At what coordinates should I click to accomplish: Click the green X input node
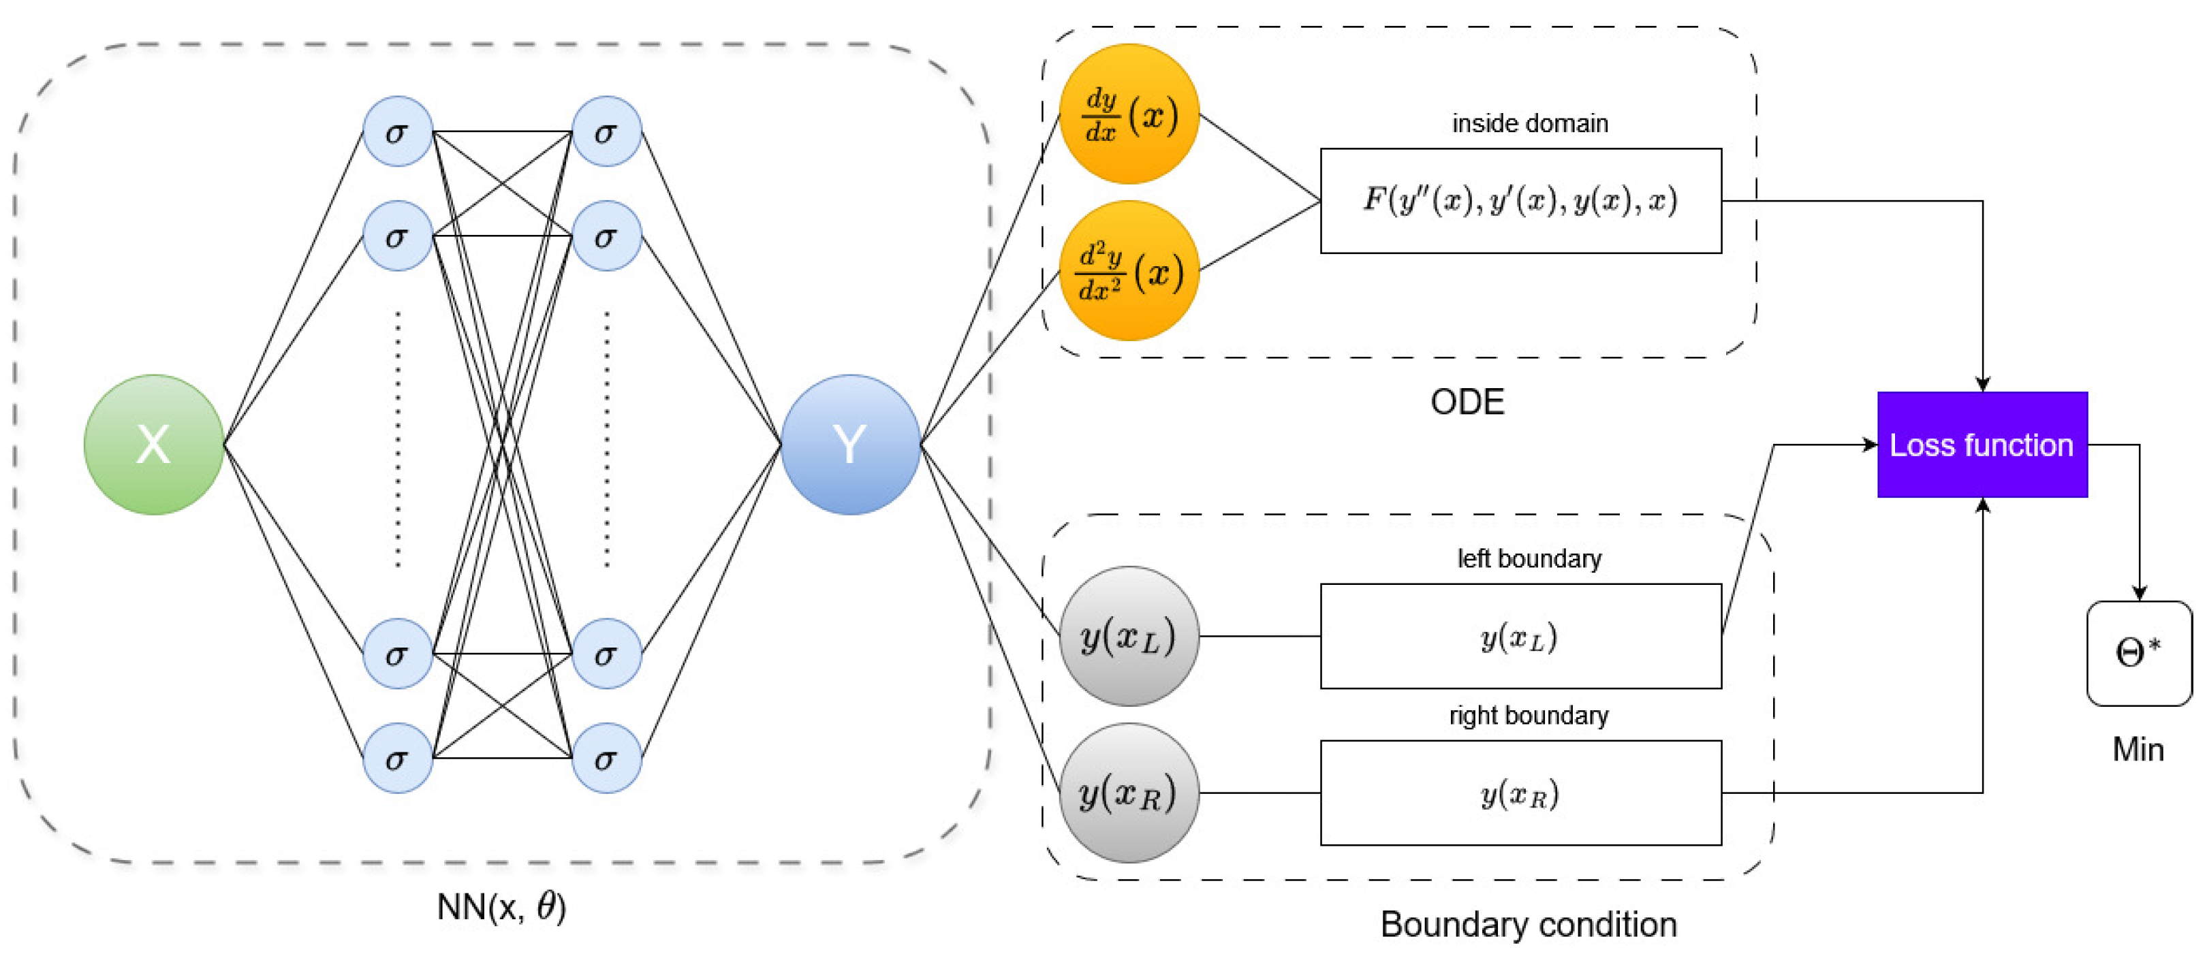pos(153,444)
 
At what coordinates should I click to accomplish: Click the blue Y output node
pos(850,444)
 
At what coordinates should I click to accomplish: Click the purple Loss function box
pos(1982,444)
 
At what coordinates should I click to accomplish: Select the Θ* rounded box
pos(2138,653)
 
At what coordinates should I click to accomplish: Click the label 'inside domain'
pos(1529,123)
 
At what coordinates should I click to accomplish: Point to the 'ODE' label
pos(1467,402)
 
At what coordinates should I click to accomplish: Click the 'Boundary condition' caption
pos(1529,924)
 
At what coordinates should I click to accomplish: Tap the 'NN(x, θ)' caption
pos(501,906)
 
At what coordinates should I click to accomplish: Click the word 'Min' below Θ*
pos(2138,750)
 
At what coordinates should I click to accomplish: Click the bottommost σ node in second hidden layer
pos(606,758)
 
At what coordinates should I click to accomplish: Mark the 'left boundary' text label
pos(1529,558)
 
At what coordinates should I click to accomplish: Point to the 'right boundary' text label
pos(1529,715)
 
